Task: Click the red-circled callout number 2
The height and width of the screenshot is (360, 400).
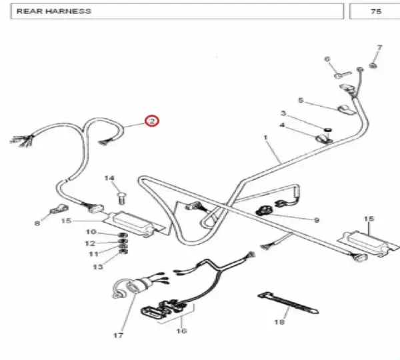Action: (x=152, y=121)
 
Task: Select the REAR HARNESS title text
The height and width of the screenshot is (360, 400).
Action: (x=54, y=11)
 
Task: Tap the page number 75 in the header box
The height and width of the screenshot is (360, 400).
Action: (x=376, y=11)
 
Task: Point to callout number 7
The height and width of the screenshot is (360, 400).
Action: (x=379, y=48)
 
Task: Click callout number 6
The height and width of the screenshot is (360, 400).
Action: (x=327, y=59)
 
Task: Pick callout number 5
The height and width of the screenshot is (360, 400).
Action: (x=301, y=100)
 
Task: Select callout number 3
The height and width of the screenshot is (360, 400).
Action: (x=283, y=113)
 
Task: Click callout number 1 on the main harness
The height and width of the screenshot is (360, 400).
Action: (x=265, y=137)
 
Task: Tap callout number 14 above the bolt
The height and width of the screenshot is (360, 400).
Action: (x=109, y=178)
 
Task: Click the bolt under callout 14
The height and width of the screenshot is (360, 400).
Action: (x=121, y=198)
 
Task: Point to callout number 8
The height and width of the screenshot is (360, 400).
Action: (x=37, y=223)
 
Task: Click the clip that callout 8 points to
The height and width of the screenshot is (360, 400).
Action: (x=59, y=209)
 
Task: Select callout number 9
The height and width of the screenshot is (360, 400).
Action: (x=316, y=220)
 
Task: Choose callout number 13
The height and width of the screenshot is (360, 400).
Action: (x=98, y=267)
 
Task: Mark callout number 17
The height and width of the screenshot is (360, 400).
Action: (x=118, y=335)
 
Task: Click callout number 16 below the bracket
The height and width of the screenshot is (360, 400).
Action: (x=181, y=331)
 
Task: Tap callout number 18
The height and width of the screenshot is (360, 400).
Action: (x=279, y=322)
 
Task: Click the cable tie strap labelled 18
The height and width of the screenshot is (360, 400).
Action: (x=288, y=303)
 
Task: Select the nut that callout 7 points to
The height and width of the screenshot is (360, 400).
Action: (x=373, y=65)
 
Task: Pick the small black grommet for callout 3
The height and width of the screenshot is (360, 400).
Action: (x=328, y=130)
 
